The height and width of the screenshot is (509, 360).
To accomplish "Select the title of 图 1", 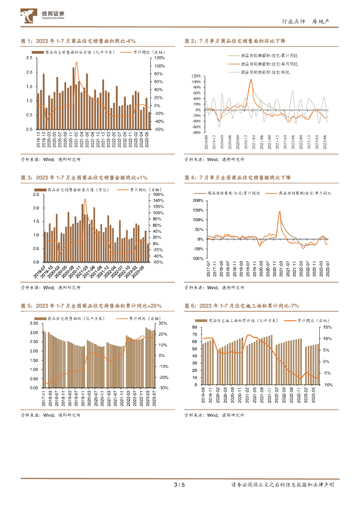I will [79, 41].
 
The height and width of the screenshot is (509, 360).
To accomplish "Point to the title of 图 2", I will [239, 41].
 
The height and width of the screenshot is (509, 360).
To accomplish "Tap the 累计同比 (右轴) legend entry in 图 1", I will [137, 52].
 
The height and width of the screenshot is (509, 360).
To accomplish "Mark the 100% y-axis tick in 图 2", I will [195, 82].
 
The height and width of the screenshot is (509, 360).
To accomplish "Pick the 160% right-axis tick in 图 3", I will [158, 194].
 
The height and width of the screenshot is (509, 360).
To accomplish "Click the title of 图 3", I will [84, 177].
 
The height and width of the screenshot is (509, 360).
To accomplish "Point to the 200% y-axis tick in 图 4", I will [197, 201].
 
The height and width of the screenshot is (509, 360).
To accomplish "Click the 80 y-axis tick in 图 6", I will [195, 327].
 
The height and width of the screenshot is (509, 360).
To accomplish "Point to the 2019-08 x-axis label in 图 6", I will [204, 394].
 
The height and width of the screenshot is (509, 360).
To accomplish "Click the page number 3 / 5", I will [180, 485].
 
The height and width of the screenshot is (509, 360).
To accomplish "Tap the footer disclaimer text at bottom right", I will [282, 485].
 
